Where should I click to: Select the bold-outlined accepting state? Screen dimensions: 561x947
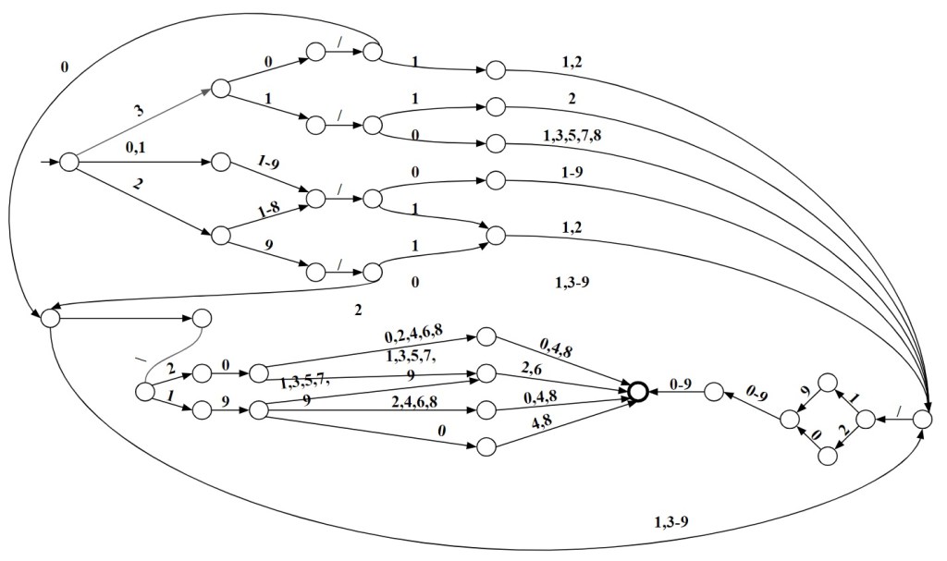[x=637, y=392]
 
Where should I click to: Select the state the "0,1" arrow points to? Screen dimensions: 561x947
[x=221, y=163]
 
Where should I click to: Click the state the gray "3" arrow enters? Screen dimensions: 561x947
[x=220, y=89]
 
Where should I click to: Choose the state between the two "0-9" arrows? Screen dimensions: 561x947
[x=713, y=392]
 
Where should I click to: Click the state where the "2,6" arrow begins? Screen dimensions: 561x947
[x=487, y=373]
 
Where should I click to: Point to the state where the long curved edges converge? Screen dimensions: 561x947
[x=922, y=419]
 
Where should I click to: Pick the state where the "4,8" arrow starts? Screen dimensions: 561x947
[x=487, y=446]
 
